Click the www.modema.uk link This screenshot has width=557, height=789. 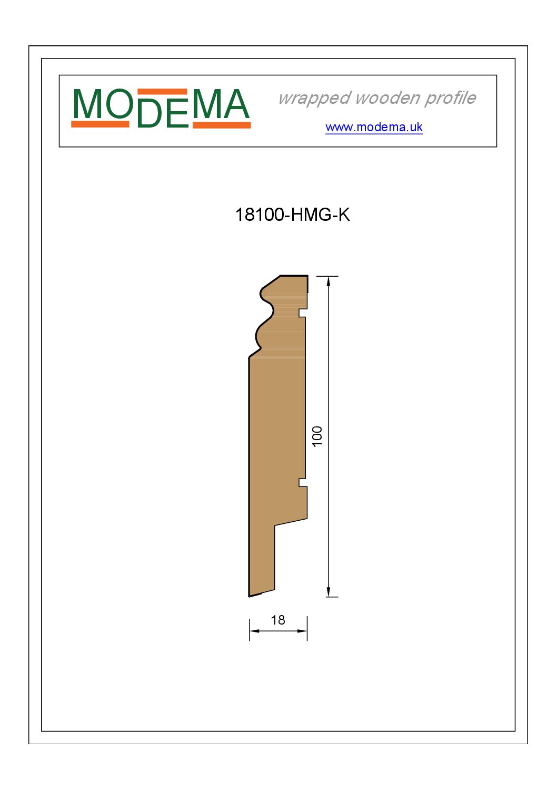[374, 127]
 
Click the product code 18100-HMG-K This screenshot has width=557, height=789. [292, 215]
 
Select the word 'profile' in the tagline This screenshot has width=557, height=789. [450, 98]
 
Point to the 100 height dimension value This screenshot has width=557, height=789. [317, 436]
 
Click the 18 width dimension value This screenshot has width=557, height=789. [277, 620]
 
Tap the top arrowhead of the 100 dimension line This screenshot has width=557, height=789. [328, 281]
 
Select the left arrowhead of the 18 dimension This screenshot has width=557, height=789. [254, 631]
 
